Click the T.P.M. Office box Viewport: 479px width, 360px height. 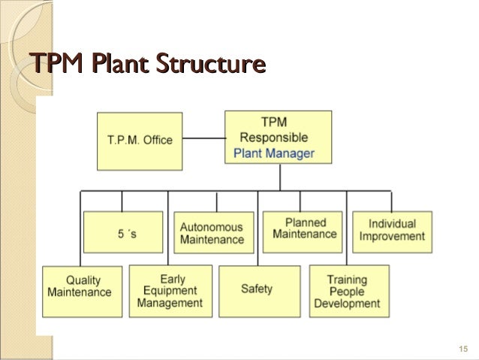tap(139, 140)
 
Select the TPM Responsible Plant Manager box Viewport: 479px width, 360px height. tap(278, 138)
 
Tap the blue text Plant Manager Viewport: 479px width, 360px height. tap(273, 154)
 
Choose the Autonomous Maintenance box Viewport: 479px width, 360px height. tap(212, 233)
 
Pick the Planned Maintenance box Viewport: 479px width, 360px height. tap(304, 229)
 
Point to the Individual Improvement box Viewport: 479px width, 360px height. tap(391, 230)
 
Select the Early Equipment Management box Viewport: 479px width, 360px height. tap(170, 291)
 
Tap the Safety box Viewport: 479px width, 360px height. tap(257, 288)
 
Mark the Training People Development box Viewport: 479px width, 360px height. tap(346, 292)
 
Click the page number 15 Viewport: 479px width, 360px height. tap(462, 348)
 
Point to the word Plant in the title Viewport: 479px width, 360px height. tap(113, 63)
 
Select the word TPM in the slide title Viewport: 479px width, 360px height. tap(53, 63)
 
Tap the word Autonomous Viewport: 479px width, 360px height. tap(212, 227)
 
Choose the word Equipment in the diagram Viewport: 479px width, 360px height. tap(170, 291)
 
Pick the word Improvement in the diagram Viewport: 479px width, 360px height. tap(391, 236)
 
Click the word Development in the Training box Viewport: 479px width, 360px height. tap(346, 304)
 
